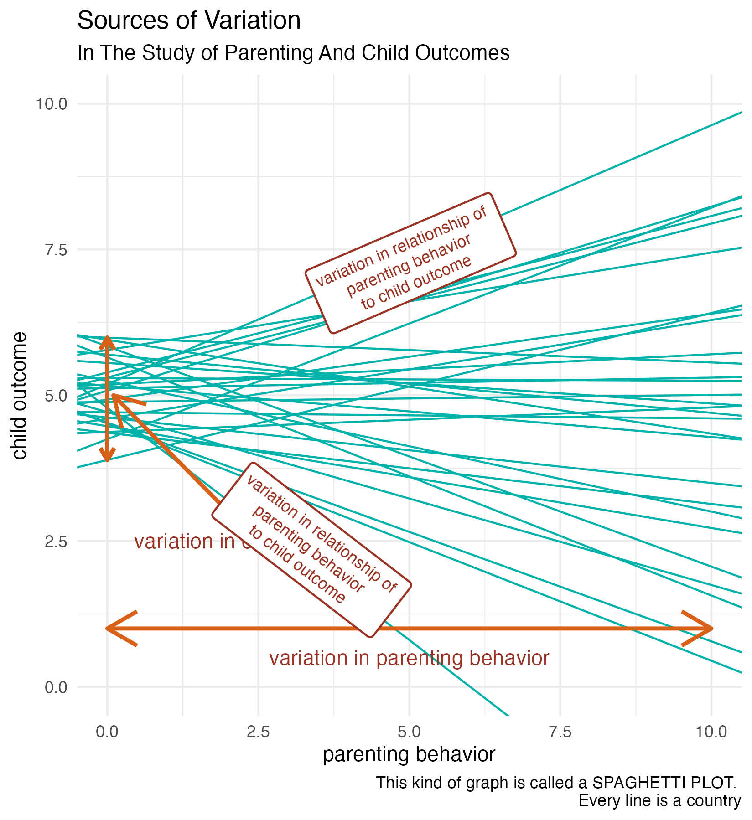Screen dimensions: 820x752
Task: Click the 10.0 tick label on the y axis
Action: pyautogui.click(x=51, y=104)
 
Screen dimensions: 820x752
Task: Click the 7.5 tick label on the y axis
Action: pyautogui.click(x=56, y=250)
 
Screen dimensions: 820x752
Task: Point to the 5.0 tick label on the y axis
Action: pyautogui.click(x=56, y=396)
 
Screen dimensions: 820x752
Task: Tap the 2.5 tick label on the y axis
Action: pyautogui.click(x=56, y=542)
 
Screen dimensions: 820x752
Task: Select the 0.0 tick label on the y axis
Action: pyautogui.click(x=56, y=687)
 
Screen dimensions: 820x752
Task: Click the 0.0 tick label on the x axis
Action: pyautogui.click(x=107, y=732)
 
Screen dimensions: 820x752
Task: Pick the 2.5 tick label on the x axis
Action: pyautogui.click(x=258, y=732)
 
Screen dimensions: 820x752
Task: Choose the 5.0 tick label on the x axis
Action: pyautogui.click(x=409, y=732)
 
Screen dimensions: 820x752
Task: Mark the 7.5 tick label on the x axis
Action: pyautogui.click(x=560, y=732)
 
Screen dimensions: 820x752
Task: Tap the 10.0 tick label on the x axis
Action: pyautogui.click(x=711, y=732)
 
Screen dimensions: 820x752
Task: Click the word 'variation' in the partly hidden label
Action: pyautogui.click(x=174, y=542)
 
